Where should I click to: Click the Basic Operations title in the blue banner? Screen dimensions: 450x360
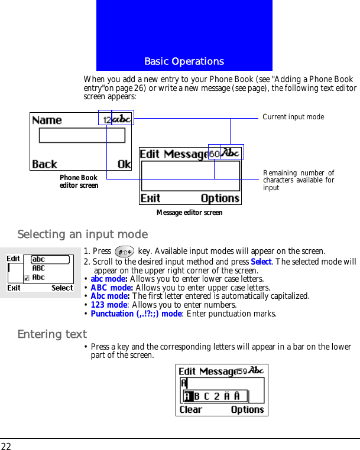(x=184, y=61)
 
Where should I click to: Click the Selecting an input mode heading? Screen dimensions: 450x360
(x=82, y=234)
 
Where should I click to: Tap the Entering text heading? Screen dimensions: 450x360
(x=52, y=335)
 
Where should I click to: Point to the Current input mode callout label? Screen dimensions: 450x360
(x=293, y=117)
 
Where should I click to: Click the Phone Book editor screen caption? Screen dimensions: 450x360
(x=79, y=181)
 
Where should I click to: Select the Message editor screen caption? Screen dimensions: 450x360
(x=189, y=213)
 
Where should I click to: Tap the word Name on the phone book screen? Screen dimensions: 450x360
(x=47, y=120)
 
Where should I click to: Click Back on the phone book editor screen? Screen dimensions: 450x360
(x=45, y=164)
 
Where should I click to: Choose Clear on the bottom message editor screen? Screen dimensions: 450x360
(x=190, y=409)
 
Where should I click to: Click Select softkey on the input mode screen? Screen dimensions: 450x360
(x=62, y=288)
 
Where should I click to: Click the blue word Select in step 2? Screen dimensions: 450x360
(x=261, y=262)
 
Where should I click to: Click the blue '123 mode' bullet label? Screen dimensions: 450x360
(x=109, y=305)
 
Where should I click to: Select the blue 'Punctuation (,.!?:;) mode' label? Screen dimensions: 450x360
(x=137, y=314)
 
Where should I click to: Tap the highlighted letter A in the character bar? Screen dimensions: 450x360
(x=188, y=396)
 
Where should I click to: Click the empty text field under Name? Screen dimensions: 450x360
(x=82, y=136)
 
